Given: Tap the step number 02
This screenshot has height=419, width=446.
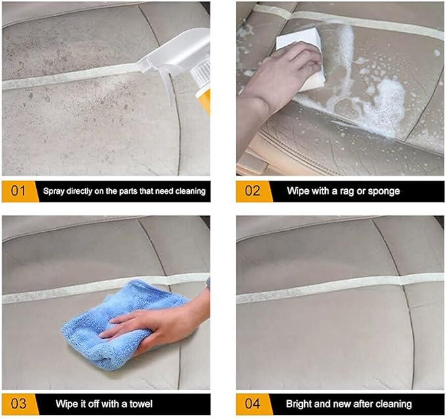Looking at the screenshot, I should pyautogui.click(x=252, y=191).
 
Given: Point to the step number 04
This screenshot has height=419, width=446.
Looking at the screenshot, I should pyautogui.click(x=252, y=403).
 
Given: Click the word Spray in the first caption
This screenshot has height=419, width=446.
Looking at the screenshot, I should pyautogui.click(x=55, y=192).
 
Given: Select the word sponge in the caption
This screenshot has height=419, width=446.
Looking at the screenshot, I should pyautogui.click(x=385, y=192).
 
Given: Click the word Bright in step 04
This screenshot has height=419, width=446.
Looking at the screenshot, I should pyautogui.click(x=299, y=403).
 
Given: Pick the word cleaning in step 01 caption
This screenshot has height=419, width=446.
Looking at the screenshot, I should pyautogui.click(x=189, y=192).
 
